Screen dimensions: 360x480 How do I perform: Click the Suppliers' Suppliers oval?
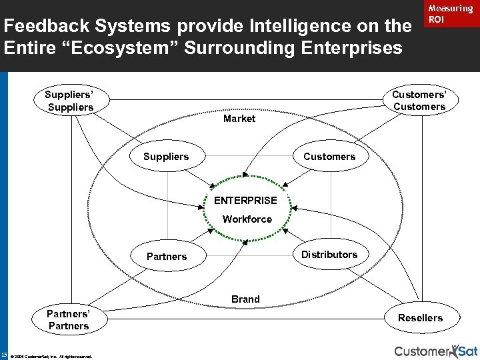pyautogui.click(x=69, y=101)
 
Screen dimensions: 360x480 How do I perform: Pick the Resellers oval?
pyautogui.click(x=420, y=318)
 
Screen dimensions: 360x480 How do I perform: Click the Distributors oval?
pyautogui.click(x=329, y=255)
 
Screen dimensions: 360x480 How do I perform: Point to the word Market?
pyautogui.click(x=239, y=119)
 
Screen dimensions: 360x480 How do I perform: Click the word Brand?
pyautogui.click(x=245, y=299)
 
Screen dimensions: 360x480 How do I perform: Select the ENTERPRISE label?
pyautogui.click(x=245, y=200)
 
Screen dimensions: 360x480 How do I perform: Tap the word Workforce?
pyautogui.click(x=247, y=219)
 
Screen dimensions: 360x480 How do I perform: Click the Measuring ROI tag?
pyautogui.click(x=450, y=14)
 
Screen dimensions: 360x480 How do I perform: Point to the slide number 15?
pyautogui.click(x=5, y=354)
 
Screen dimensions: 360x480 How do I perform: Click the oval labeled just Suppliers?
pyautogui.click(x=166, y=157)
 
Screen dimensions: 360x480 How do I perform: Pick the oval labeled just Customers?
pyautogui.click(x=329, y=157)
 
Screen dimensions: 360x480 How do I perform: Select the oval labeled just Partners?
pyautogui.click(x=167, y=257)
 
